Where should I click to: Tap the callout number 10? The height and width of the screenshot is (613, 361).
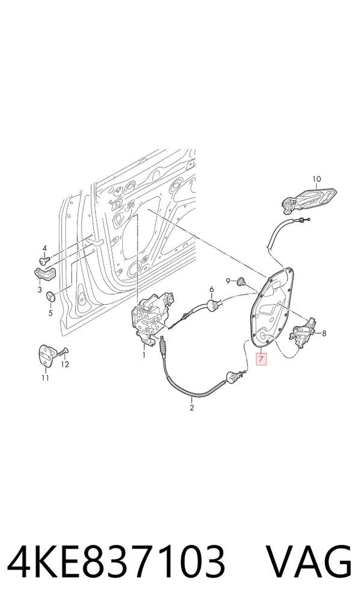[x=316, y=179]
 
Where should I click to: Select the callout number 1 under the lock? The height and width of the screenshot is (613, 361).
[x=144, y=355]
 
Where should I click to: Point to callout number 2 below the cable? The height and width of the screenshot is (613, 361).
[x=191, y=408]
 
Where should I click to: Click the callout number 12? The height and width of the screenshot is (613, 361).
[x=65, y=364]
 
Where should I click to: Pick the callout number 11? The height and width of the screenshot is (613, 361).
[x=45, y=378]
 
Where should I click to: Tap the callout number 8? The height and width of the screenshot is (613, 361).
[x=324, y=334]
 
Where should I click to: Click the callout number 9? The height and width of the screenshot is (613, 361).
[x=228, y=281]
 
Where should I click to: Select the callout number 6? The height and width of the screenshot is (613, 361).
[x=212, y=290]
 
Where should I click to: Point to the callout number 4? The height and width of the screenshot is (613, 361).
[x=44, y=248]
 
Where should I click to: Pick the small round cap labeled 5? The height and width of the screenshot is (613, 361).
[x=51, y=296]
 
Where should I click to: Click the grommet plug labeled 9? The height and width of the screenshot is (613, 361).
[x=241, y=281]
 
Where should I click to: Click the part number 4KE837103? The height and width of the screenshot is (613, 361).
[x=116, y=562]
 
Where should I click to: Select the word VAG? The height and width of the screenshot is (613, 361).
[x=309, y=562]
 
